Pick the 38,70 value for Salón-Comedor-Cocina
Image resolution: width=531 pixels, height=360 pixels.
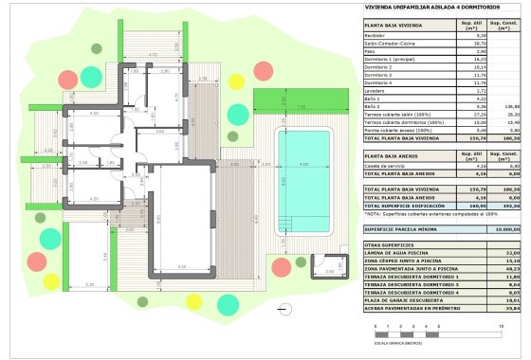point(467,43)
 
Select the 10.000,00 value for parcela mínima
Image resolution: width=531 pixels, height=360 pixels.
point(508,229)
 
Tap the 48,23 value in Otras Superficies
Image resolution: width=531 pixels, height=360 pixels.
point(508,269)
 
